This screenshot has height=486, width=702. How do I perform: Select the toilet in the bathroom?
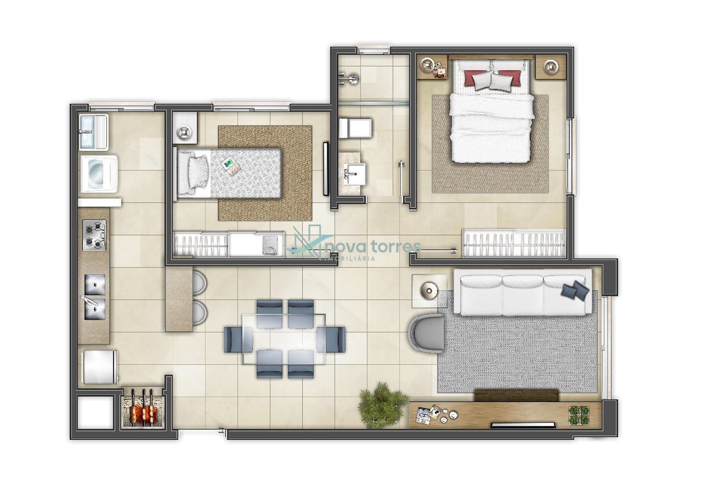[355, 128]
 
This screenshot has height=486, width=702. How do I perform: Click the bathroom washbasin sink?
[354, 174]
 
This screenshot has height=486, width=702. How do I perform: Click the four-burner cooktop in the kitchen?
[94, 235]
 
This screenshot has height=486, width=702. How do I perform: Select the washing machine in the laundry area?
[99, 174]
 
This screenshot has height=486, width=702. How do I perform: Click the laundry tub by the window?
[93, 132]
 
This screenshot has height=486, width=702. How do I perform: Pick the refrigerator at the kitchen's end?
[100, 367]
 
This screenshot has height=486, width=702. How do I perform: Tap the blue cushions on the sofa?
[574, 290]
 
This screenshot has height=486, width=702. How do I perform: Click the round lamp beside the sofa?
[428, 291]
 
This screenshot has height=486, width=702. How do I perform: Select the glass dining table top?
[284, 338]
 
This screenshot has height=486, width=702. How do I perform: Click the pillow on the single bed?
[198, 172]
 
